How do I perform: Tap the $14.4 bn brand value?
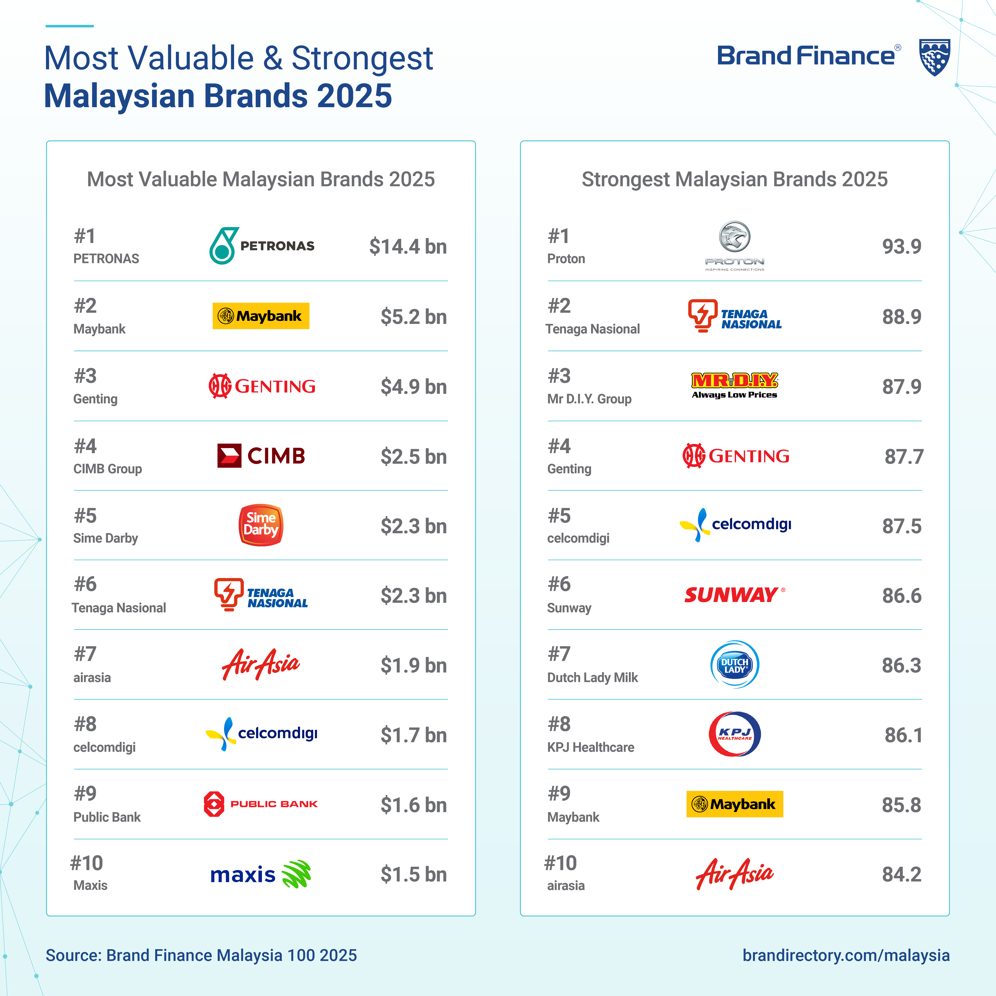[x=408, y=246]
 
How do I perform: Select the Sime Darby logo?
[x=261, y=525]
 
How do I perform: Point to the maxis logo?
[x=261, y=874]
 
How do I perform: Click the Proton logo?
[x=735, y=246]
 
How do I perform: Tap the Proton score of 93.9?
[x=902, y=246]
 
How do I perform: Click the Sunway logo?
[x=735, y=595]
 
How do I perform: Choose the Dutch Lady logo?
[x=735, y=665]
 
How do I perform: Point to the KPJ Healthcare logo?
[x=735, y=734]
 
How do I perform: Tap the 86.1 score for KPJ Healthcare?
[x=903, y=735]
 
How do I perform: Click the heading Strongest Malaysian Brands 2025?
[x=735, y=179]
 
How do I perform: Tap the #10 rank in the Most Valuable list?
[x=87, y=863]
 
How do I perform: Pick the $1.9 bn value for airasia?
[x=414, y=666]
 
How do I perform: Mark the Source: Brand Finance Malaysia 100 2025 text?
[x=201, y=955]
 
